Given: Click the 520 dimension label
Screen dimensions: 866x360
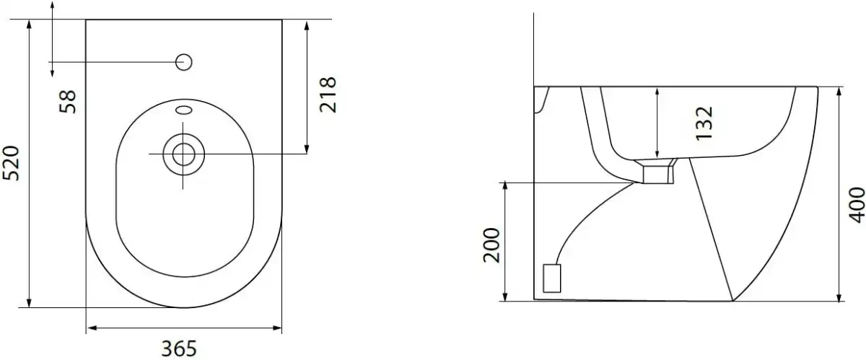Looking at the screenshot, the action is click(x=11, y=163).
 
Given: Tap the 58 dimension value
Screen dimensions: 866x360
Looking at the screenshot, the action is click(x=68, y=101).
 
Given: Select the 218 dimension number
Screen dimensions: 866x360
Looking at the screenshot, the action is click(x=328, y=95).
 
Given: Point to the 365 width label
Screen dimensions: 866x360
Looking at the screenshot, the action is click(x=179, y=348).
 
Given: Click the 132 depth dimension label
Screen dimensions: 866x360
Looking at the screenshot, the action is click(x=704, y=123).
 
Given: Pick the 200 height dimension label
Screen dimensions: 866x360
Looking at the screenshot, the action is click(x=491, y=245).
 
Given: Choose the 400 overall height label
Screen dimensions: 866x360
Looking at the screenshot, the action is click(x=857, y=205).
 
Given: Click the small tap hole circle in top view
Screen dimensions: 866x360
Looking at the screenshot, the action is click(x=183, y=62).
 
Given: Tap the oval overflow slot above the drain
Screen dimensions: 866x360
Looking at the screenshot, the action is click(x=183, y=110).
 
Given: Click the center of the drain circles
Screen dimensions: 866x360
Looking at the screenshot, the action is click(x=183, y=154).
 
